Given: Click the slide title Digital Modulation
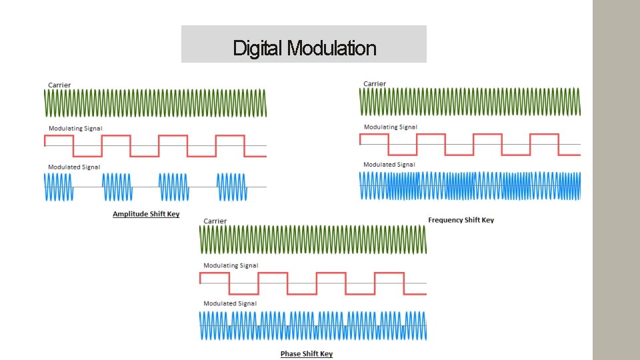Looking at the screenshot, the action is click(304, 48).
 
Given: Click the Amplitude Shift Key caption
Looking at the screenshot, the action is click(146, 214).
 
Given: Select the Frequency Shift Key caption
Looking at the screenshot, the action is click(461, 220).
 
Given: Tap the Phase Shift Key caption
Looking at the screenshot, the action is click(306, 353).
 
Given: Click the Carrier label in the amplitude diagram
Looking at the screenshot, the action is click(59, 85).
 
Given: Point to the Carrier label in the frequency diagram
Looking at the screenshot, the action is click(375, 83).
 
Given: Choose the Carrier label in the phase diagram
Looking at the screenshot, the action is click(215, 221).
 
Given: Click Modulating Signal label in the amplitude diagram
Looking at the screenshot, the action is click(75, 128).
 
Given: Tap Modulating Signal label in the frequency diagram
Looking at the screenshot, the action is click(391, 127).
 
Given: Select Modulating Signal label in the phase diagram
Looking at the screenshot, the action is click(231, 265).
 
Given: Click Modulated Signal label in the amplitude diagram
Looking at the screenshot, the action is click(74, 167).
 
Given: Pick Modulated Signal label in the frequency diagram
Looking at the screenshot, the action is click(389, 164).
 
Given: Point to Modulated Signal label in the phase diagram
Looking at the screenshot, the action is click(229, 303).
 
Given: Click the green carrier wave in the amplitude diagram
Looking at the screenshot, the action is click(155, 103).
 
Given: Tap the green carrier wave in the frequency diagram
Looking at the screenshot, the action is click(470, 102).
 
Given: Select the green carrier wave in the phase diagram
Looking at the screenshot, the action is click(313, 239).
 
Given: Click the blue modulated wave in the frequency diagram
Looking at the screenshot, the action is click(470, 186).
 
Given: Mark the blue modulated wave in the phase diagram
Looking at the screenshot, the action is click(313, 326).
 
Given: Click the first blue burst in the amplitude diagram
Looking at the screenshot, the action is click(58, 187).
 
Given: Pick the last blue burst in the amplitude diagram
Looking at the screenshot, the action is click(232, 187).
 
